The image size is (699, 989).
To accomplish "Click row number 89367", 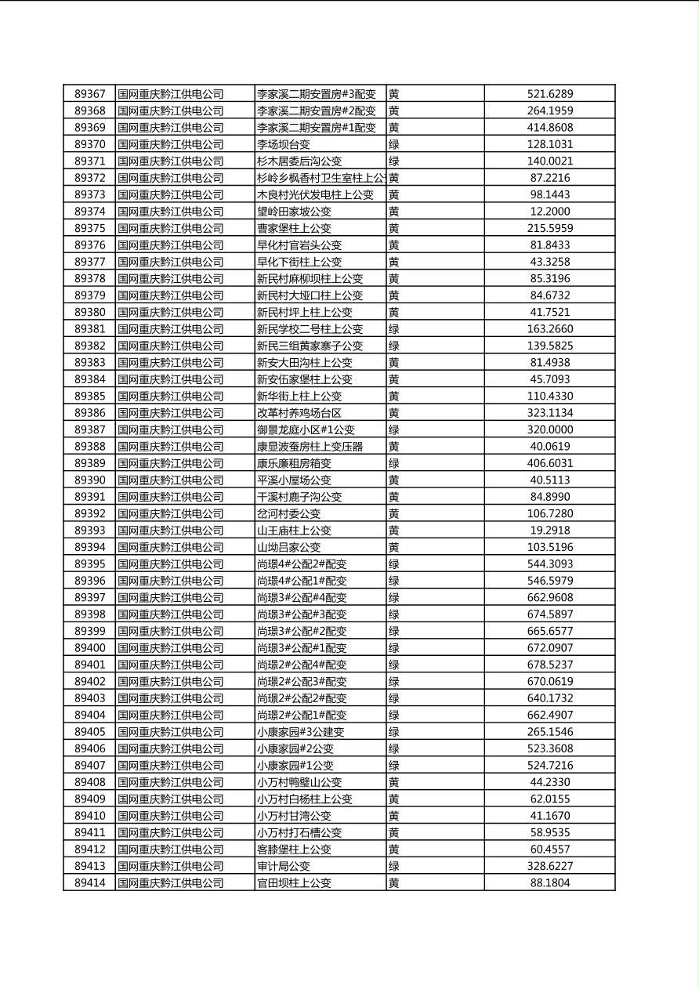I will tap(89, 94).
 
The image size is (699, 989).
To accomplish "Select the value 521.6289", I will tap(549, 94).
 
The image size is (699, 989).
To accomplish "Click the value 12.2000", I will tap(549, 212).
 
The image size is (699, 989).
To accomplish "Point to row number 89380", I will tap(89, 312).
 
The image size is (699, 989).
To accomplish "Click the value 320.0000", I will tap(549, 429).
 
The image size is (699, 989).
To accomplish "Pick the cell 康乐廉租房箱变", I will tap(294, 463).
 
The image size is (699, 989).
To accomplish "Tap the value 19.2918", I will tap(549, 531).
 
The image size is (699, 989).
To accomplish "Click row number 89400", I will tap(89, 648).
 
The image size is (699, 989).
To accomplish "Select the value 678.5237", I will tap(549, 665).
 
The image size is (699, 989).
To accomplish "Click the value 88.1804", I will tap(549, 883).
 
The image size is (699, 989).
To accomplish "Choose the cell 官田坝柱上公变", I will tap(294, 883).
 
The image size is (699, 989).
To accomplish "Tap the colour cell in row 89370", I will tap(394, 144).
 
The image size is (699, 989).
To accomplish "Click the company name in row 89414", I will tap(171, 883).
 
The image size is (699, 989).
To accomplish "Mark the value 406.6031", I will tap(549, 463).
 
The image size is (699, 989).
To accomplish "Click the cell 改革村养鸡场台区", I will tap(299, 413).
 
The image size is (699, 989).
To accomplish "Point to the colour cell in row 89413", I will tap(394, 866).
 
